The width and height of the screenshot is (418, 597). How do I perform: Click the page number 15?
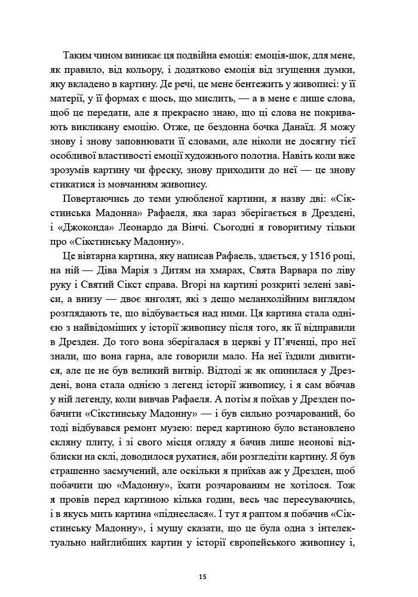(203, 577)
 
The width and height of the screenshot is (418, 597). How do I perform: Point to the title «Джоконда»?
(96, 227)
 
